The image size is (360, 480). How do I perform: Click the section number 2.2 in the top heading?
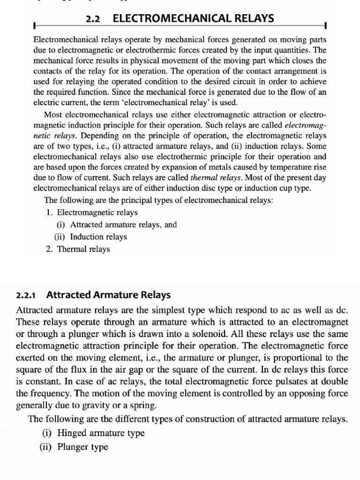93,19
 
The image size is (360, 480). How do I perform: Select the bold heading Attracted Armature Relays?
109,295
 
